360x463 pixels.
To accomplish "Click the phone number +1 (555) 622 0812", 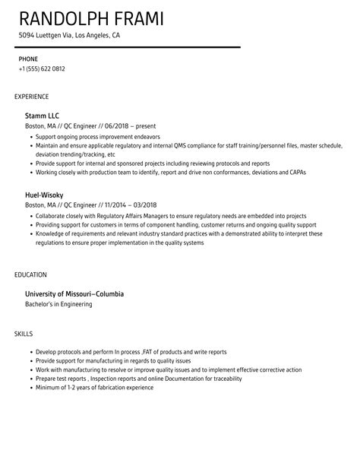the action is coord(42,69).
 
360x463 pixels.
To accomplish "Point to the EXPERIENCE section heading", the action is coord(32,97).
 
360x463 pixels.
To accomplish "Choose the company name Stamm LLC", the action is coord(42,115).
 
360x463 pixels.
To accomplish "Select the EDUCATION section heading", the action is coord(30,274).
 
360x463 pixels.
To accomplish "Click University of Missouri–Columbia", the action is coord(74,293).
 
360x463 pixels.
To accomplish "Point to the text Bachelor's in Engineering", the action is coord(59,304).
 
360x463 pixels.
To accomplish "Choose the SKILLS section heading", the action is coord(24,333).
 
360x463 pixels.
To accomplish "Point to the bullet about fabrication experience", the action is coord(94,388).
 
